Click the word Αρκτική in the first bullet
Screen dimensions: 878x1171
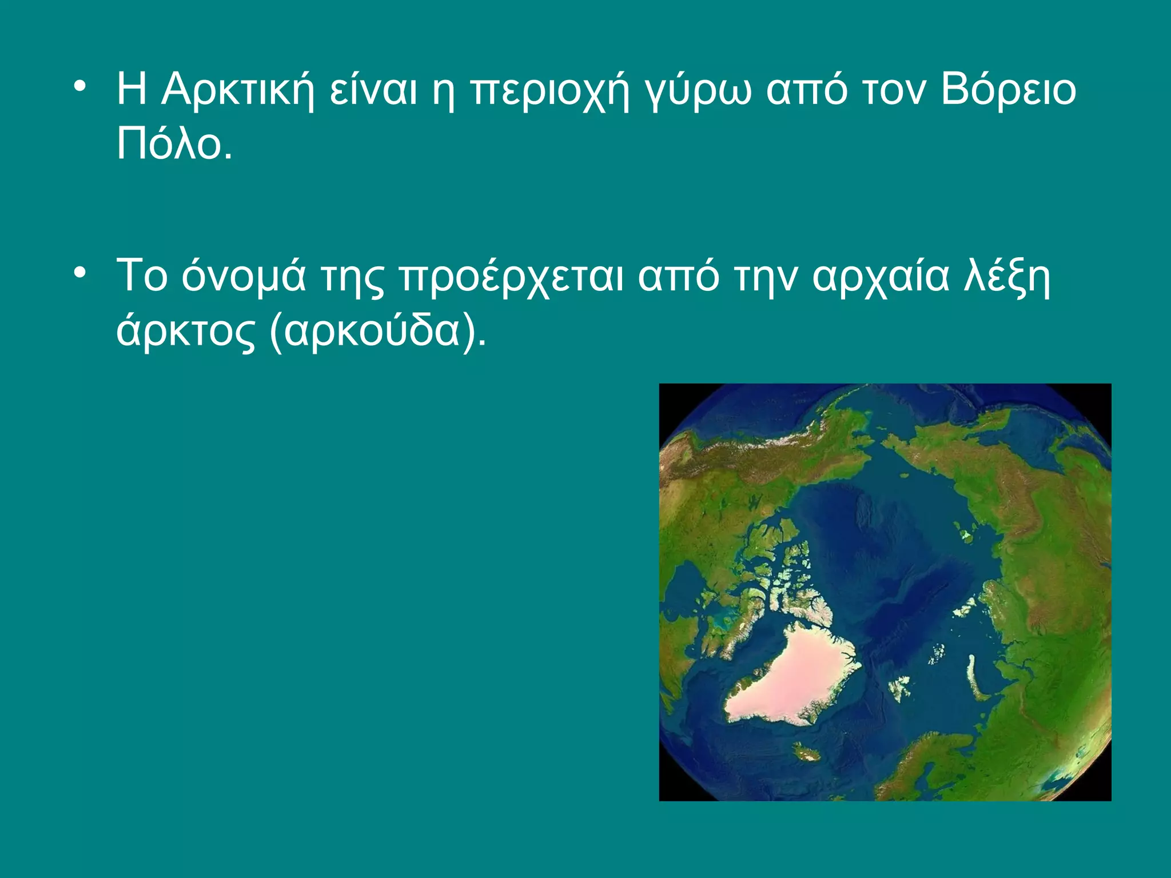tap(237, 90)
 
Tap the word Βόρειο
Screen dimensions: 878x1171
tap(1009, 90)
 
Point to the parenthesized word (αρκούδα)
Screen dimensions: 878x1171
tap(378, 332)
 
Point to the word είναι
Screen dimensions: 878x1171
tap(373, 90)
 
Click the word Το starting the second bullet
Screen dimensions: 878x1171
tap(142, 277)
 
